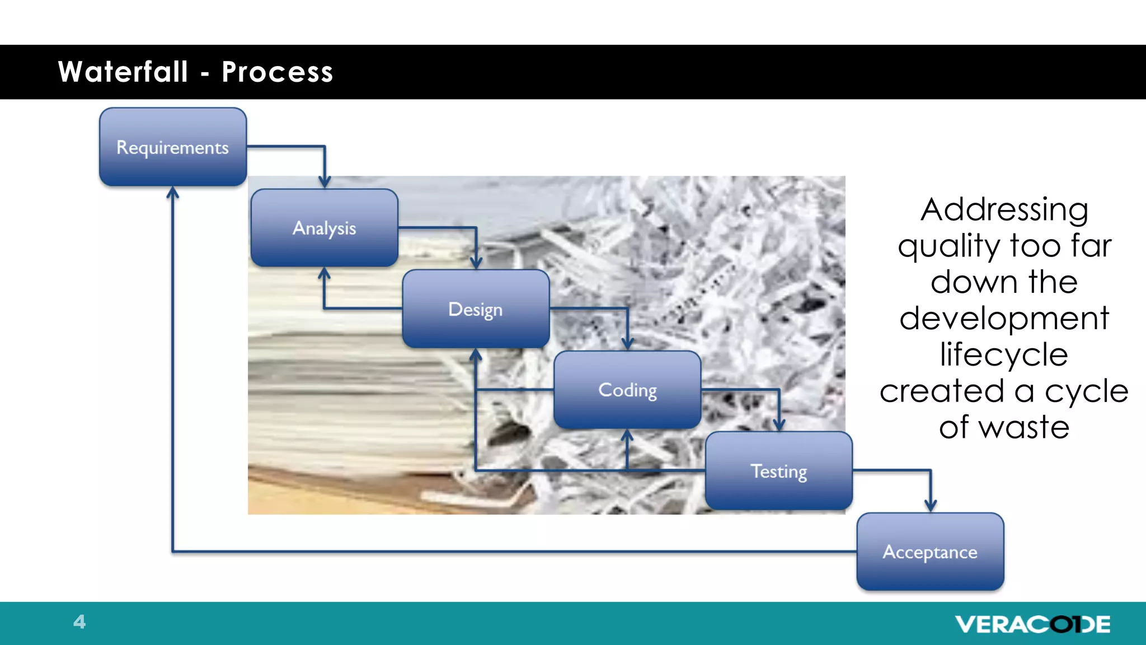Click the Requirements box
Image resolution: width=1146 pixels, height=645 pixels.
pyautogui.click(x=173, y=147)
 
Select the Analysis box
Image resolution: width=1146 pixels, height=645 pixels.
pyautogui.click(x=325, y=228)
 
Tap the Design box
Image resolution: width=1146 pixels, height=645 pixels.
pyautogui.click(x=476, y=309)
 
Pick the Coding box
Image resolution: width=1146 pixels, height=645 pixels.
pyautogui.click(x=627, y=390)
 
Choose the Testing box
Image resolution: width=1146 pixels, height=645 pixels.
pyautogui.click(x=779, y=471)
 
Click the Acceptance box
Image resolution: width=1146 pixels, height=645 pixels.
pyautogui.click(x=930, y=552)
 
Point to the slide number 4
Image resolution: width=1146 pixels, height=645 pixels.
pyautogui.click(x=79, y=621)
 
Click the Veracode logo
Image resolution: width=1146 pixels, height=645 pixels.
pyautogui.click(x=1032, y=624)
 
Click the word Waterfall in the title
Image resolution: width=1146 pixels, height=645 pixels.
pyautogui.click(x=123, y=72)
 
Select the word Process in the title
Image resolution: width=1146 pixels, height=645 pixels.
pyautogui.click(x=278, y=72)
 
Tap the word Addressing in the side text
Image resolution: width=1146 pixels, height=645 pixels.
pyautogui.click(x=1004, y=209)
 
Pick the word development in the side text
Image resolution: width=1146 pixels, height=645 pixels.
pyautogui.click(x=1004, y=318)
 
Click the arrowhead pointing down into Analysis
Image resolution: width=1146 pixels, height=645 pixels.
pyautogui.click(x=325, y=181)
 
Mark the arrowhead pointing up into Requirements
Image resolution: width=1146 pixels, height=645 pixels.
pyautogui.click(x=173, y=193)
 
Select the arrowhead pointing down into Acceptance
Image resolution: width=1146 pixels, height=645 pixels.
pyautogui.click(x=931, y=505)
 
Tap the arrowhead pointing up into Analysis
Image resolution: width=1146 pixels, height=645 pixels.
pyautogui.click(x=324, y=274)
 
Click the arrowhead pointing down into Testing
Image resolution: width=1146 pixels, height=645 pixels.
pyautogui.click(x=779, y=424)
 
